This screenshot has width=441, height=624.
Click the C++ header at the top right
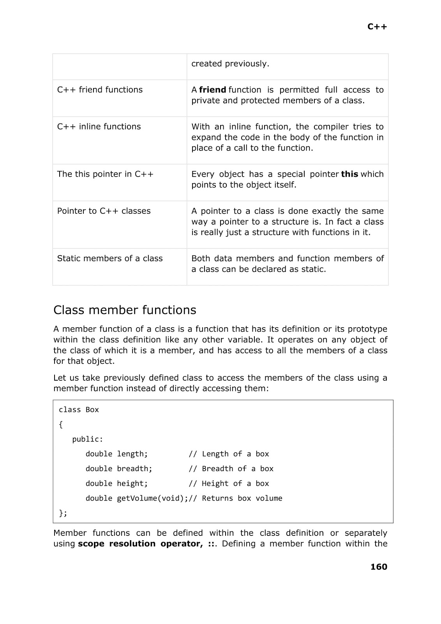[x=377, y=27]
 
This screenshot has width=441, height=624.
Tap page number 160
[x=379, y=567]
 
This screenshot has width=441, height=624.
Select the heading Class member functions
[x=125, y=310]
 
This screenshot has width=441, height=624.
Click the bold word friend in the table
[x=212, y=90]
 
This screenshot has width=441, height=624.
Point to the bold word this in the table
[x=349, y=174]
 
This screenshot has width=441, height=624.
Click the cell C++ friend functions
[x=100, y=90]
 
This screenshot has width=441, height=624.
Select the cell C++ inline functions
[x=99, y=126]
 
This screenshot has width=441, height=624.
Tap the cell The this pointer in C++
[x=105, y=174]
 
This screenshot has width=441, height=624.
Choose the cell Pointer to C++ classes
[x=104, y=211]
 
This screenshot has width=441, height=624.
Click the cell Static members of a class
[x=110, y=258]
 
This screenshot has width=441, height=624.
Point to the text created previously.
[x=230, y=64]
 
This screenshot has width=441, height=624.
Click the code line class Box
[x=79, y=409]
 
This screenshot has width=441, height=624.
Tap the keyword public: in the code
[x=88, y=439]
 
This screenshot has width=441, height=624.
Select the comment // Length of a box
[x=229, y=454]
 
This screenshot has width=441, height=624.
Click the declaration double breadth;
[x=119, y=469]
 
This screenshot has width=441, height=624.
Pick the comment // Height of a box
[x=229, y=484]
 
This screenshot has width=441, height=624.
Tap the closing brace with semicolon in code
[x=63, y=513]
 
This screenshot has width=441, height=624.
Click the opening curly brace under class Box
[x=61, y=424]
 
